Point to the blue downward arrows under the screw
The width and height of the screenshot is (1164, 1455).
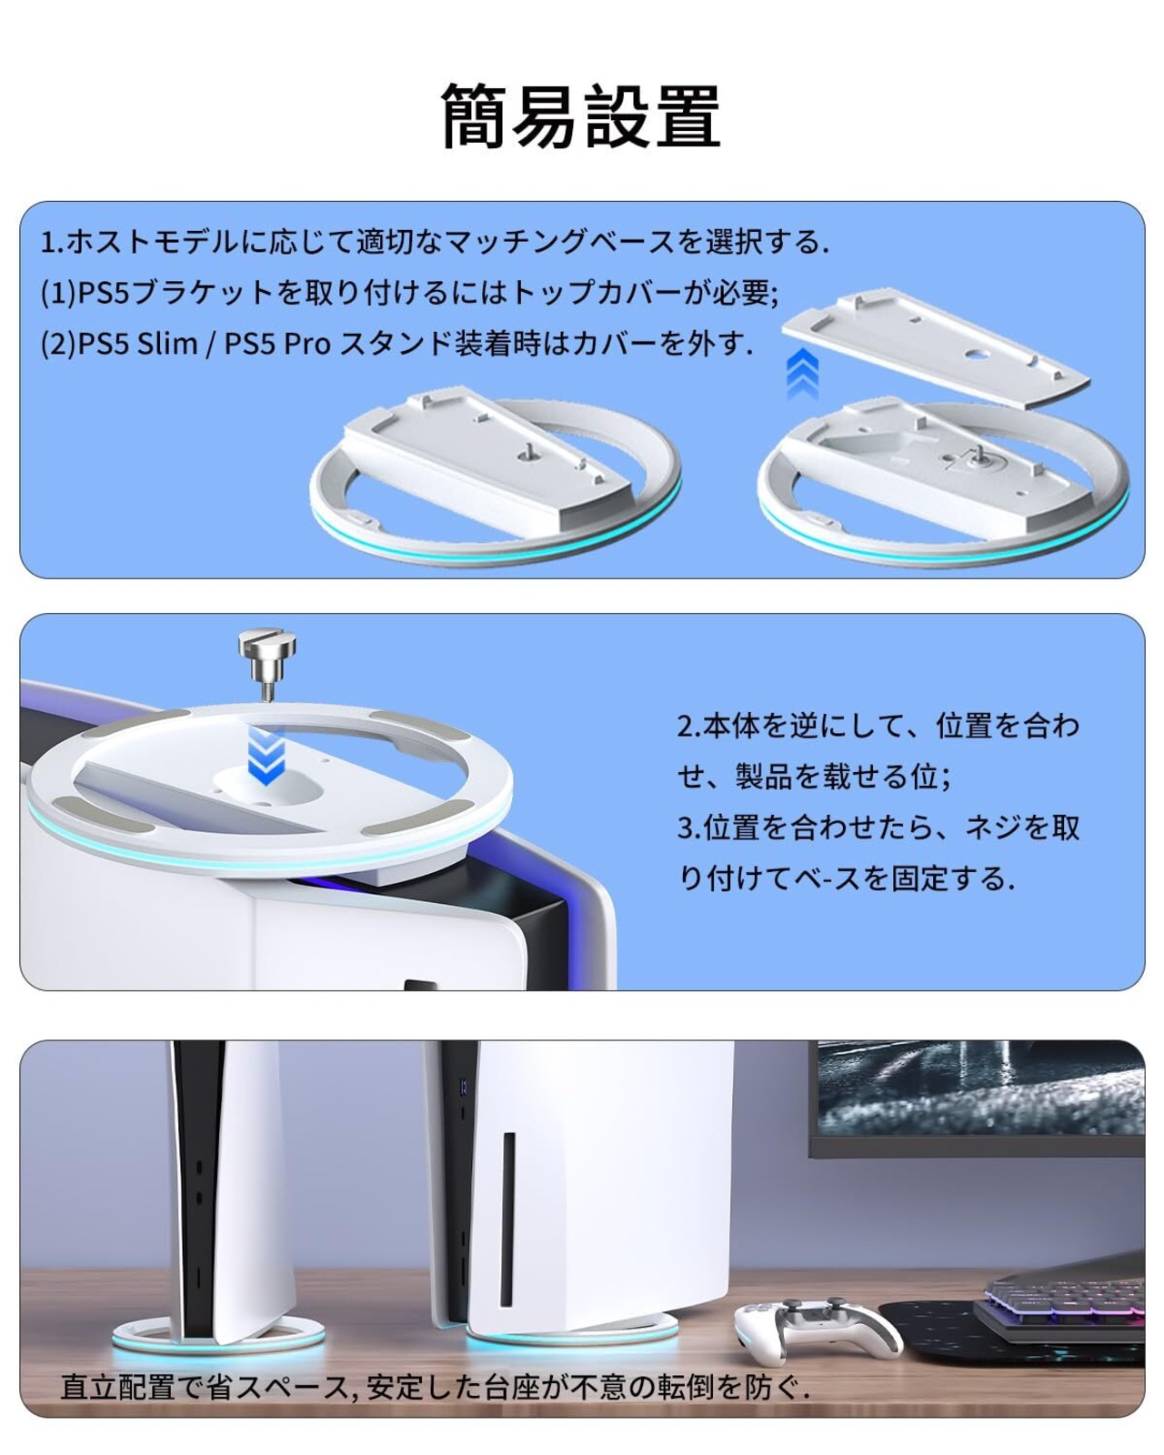tap(266, 755)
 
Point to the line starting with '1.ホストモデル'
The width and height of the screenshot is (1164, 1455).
tap(434, 242)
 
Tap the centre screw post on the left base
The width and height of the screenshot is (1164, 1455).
tap(525, 454)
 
